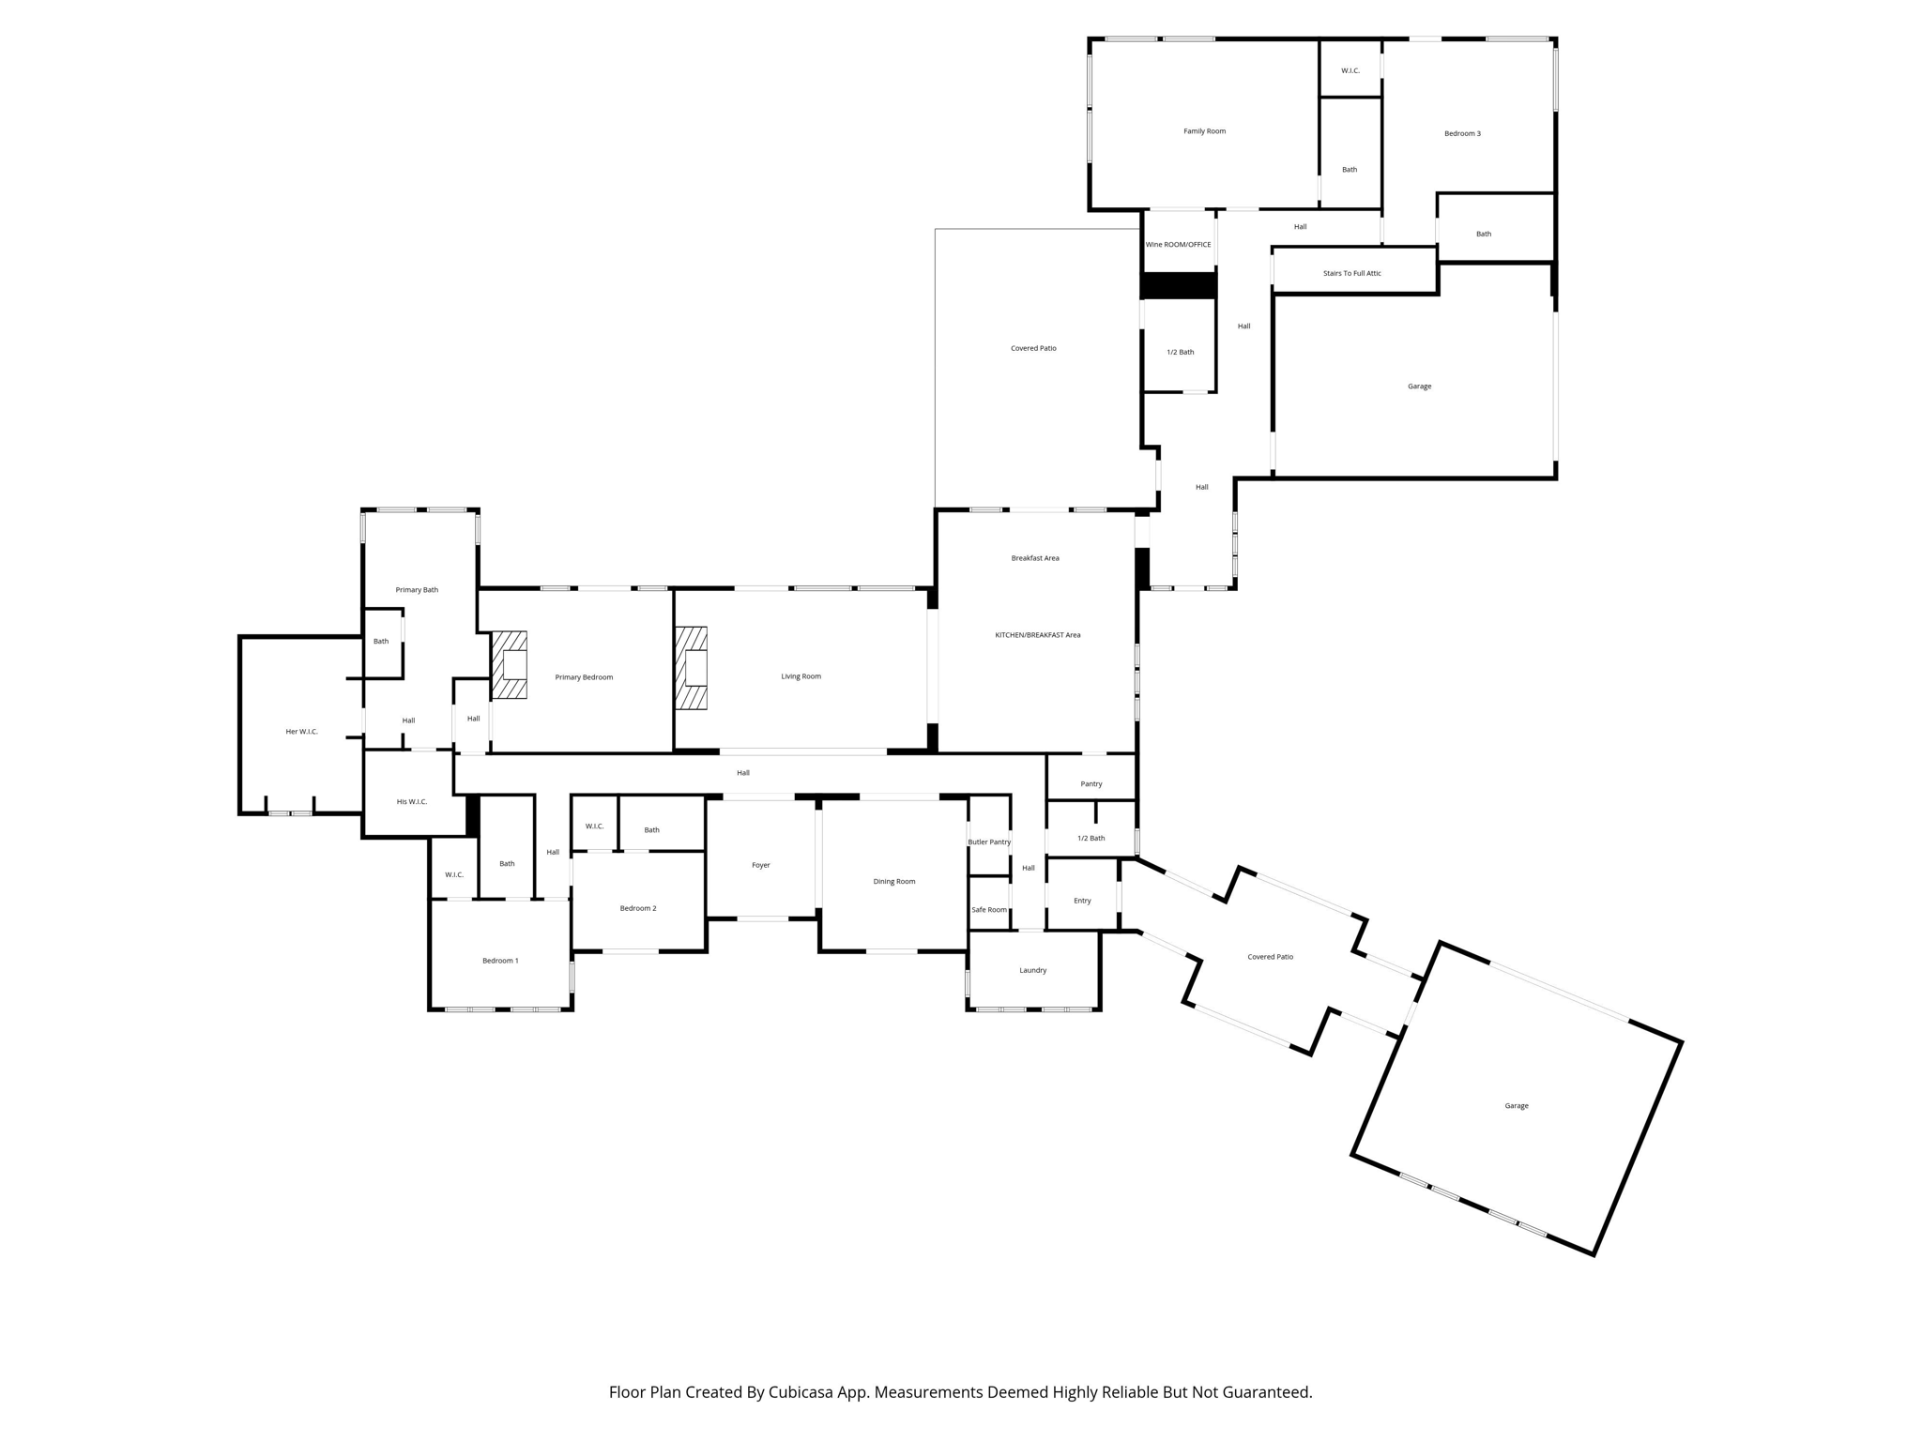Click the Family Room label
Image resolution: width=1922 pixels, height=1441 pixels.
1204,131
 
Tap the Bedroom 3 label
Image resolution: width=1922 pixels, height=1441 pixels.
1462,133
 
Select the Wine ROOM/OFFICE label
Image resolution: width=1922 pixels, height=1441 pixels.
1178,245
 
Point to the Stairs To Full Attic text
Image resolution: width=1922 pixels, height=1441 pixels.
1351,273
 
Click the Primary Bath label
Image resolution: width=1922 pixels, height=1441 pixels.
417,590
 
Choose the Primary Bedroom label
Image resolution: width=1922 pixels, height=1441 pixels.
584,677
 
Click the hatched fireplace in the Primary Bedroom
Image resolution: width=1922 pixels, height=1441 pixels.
509,664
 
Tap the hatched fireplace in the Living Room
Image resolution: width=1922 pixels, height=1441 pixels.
691,668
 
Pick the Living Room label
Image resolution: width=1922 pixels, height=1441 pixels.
801,676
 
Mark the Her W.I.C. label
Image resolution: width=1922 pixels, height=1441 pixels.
301,732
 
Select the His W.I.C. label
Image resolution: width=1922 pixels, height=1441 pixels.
411,802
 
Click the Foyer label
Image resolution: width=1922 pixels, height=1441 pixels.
760,865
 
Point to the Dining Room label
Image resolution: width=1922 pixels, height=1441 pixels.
893,882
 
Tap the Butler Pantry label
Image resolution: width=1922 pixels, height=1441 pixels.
989,842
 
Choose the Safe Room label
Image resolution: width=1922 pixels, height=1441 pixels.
989,910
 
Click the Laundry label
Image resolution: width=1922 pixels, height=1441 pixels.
1032,971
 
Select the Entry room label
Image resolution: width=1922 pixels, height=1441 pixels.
1082,901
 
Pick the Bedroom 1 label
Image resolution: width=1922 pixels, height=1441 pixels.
500,961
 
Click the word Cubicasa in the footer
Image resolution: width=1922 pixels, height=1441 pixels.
802,1392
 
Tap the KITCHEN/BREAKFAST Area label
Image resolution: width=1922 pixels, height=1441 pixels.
1037,635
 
